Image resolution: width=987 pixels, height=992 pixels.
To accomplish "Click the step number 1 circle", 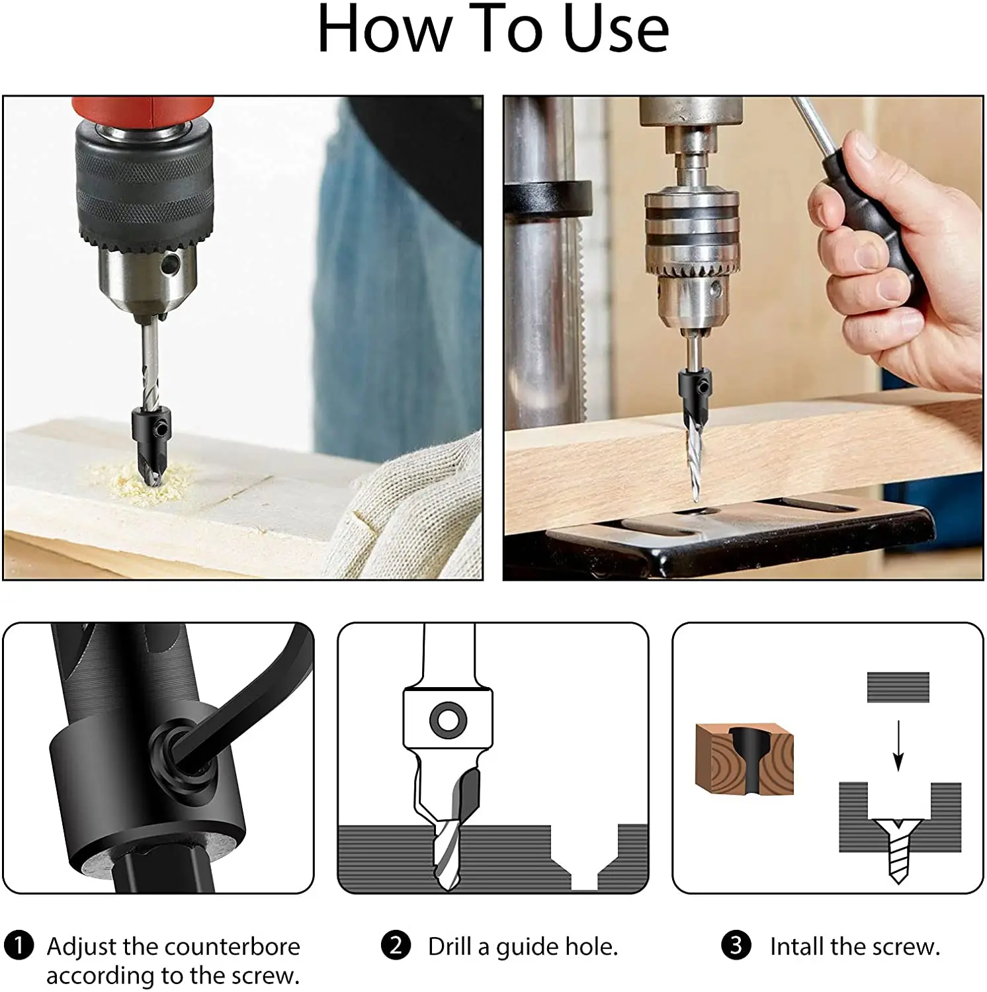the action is click(19, 945).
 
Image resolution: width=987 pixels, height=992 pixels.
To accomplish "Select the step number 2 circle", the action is click(396, 945).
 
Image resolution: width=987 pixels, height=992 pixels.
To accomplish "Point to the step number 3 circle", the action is click(736, 945).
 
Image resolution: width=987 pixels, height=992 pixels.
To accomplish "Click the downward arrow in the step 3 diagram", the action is click(898, 745).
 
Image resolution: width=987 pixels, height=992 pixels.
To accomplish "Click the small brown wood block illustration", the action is click(744, 759).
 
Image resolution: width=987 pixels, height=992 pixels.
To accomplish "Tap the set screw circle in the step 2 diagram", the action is click(448, 720).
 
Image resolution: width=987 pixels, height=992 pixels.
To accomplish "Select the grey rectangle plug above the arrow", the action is click(898, 687).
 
